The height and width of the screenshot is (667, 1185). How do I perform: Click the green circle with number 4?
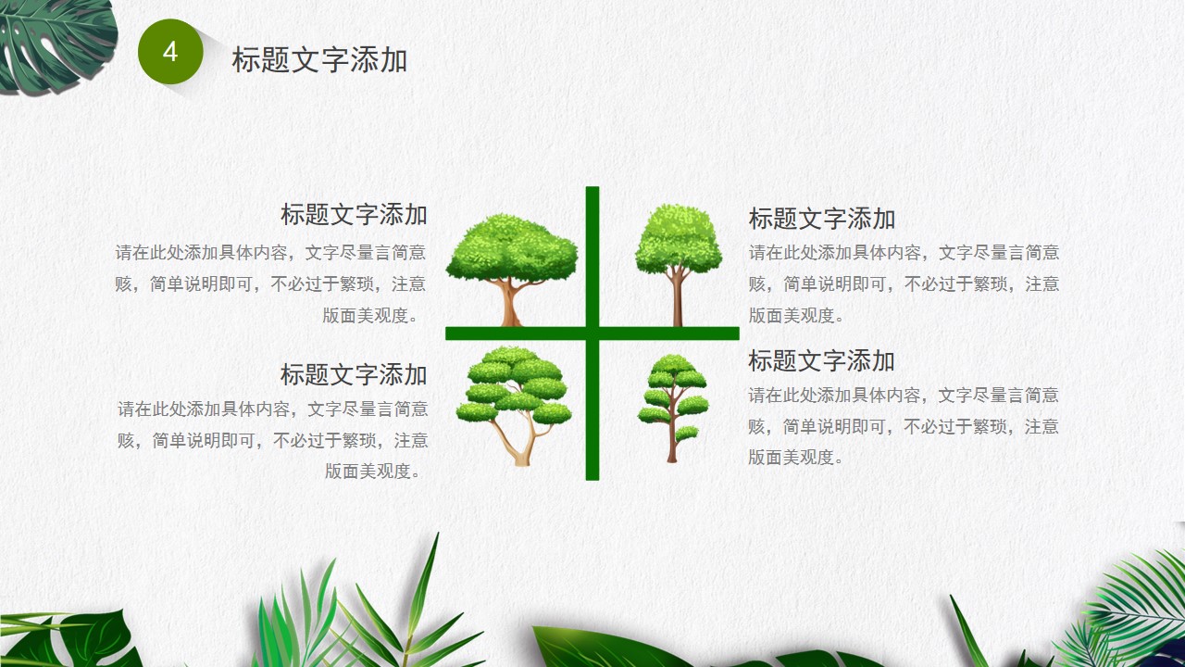tap(170, 52)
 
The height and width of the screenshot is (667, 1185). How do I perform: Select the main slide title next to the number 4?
tap(319, 59)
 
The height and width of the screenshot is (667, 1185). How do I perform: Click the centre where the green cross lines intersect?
tap(592, 333)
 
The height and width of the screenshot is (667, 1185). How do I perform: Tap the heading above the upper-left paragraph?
tap(354, 214)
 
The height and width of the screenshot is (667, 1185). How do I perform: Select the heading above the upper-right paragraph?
tap(821, 219)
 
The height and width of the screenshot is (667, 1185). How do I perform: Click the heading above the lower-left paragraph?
tap(354, 375)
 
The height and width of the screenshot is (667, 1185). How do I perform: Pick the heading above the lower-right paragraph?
tap(821, 360)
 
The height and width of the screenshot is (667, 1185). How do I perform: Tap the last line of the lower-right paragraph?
tap(795, 458)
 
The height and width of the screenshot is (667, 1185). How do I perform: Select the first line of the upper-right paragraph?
tap(904, 253)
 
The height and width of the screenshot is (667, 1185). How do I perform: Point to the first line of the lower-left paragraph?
tap(273, 409)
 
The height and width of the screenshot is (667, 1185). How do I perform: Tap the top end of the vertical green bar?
tap(592, 187)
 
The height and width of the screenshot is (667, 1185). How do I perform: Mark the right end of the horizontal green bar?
tap(738, 333)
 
